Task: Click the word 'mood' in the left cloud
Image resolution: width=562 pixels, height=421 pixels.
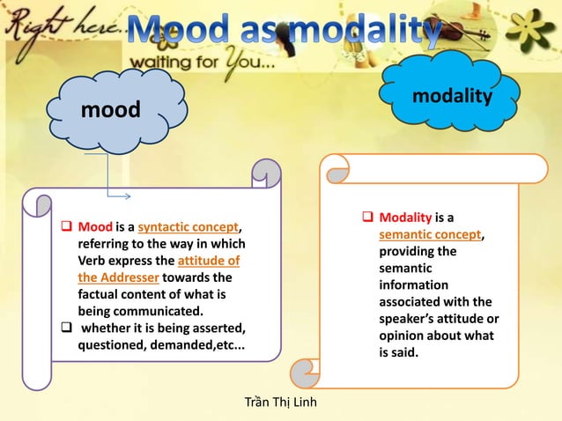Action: click(x=110, y=112)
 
